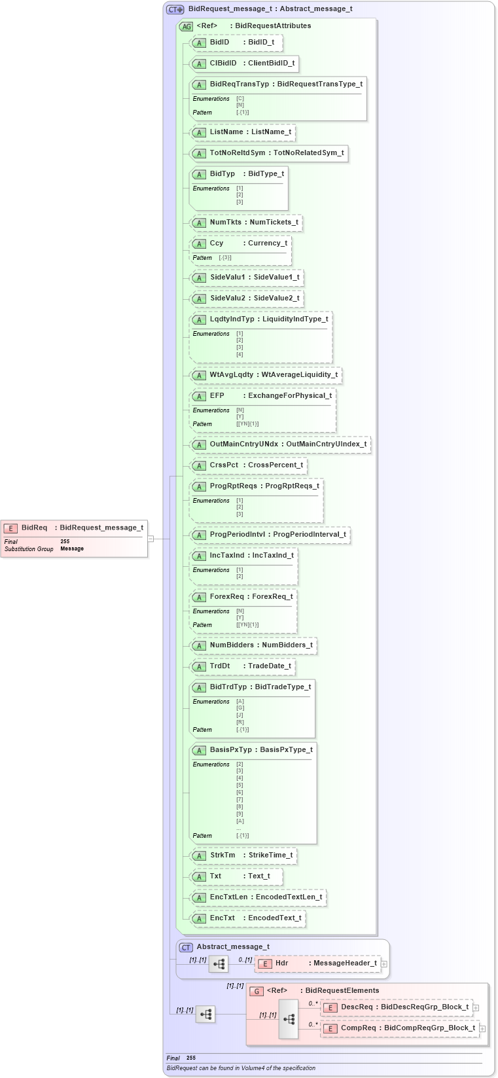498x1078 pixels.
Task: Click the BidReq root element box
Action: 74,528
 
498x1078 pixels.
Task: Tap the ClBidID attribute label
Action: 223,63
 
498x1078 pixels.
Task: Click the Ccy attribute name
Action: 217,243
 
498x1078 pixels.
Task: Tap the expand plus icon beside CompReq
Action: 482,1029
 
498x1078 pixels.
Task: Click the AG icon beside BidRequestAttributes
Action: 187,27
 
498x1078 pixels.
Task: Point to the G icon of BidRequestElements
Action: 257,992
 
